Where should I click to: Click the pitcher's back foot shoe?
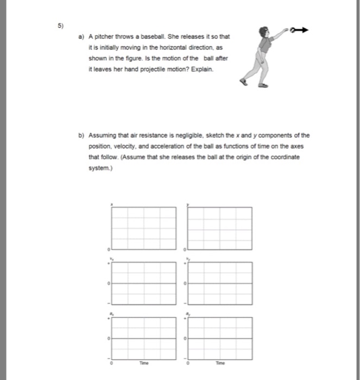click(x=244, y=82)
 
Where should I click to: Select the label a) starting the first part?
click(x=81, y=37)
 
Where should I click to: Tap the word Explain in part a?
click(x=202, y=71)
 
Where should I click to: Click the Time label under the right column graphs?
click(x=219, y=363)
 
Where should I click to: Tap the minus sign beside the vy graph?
click(x=184, y=303)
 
